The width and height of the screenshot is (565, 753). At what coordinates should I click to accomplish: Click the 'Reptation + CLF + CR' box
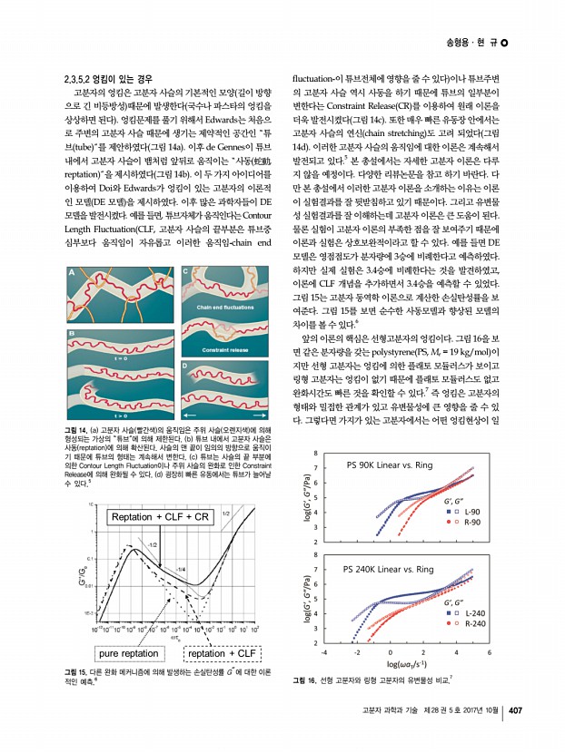pos(159,516)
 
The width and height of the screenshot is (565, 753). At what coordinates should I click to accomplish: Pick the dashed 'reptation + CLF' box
pos(223,652)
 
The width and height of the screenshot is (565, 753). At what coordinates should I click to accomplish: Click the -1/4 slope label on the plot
pos(181,569)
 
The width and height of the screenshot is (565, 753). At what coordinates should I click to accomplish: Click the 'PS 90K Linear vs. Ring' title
pos(392,465)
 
